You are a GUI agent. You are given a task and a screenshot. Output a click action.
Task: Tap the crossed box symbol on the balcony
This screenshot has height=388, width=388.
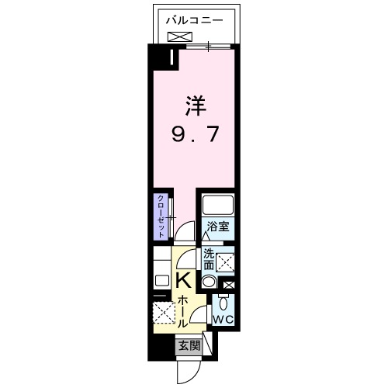(178, 36)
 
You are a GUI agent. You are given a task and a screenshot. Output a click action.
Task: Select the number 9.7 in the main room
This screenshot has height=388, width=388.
(196, 133)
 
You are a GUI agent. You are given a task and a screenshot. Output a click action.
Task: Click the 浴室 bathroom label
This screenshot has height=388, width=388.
(217, 227)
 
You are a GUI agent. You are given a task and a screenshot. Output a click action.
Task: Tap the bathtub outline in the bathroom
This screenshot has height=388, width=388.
(217, 206)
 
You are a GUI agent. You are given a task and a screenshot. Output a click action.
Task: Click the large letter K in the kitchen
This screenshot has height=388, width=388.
(184, 280)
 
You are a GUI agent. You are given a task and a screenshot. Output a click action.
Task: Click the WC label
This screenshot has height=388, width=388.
(223, 319)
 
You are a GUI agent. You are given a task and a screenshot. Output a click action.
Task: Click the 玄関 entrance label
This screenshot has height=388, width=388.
(189, 346)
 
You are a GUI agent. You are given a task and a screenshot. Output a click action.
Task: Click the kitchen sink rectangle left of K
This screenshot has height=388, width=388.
(162, 279)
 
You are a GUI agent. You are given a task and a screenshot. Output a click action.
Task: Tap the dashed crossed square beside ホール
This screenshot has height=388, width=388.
(164, 314)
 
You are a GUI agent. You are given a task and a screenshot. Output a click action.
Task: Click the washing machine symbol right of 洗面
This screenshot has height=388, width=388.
(227, 262)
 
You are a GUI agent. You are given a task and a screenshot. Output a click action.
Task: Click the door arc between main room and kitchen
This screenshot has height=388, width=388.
(184, 230)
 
